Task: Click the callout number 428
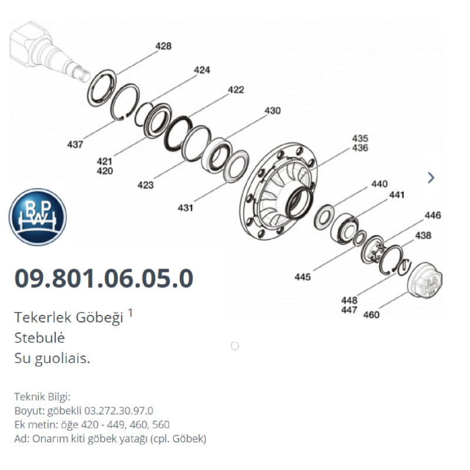(163, 46)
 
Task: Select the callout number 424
(202, 70)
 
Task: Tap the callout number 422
(236, 90)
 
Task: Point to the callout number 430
(272, 110)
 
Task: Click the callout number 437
(75, 144)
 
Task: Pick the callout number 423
(145, 185)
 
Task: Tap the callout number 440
(379, 184)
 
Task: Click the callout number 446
(432, 216)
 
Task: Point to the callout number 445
(303, 277)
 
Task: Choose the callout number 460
(371, 315)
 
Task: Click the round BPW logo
(38, 217)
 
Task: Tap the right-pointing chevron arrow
(431, 177)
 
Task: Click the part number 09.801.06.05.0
(103, 278)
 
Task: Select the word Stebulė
(39, 338)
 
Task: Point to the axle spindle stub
(47, 50)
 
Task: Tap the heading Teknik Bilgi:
(42, 397)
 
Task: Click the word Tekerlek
(41, 318)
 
